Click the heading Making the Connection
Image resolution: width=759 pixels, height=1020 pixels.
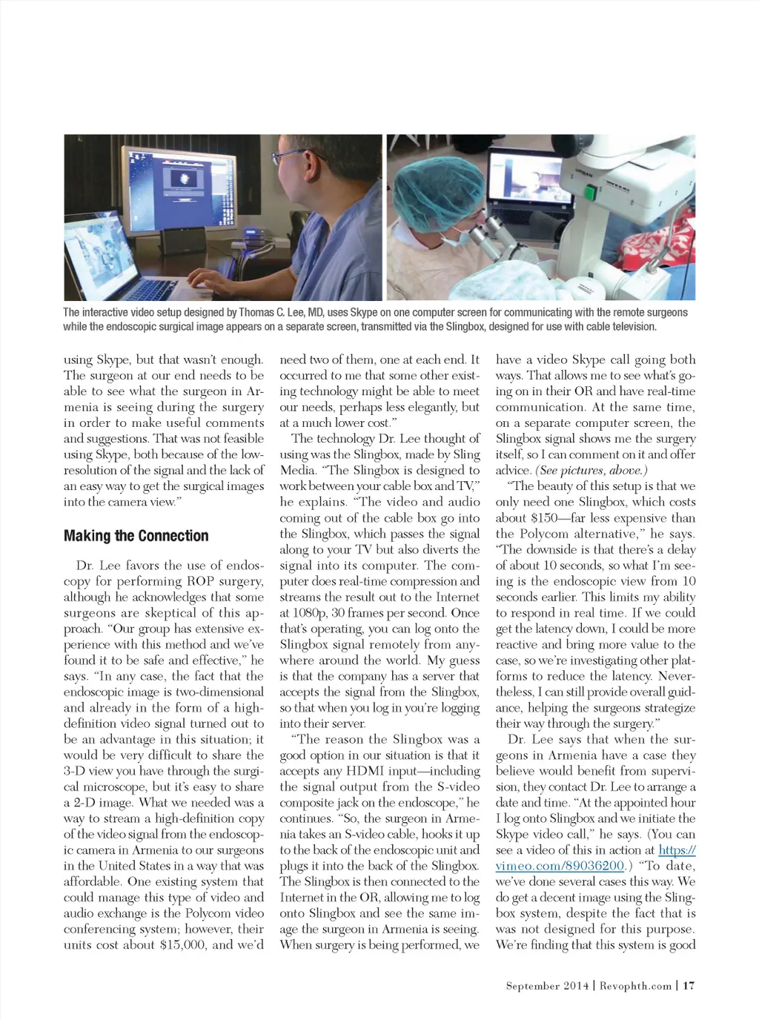tap(136, 536)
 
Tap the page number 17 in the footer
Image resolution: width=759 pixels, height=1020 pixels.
tap(689, 985)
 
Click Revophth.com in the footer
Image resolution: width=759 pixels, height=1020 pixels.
tap(635, 985)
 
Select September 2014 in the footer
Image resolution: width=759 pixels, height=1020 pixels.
tap(548, 985)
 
